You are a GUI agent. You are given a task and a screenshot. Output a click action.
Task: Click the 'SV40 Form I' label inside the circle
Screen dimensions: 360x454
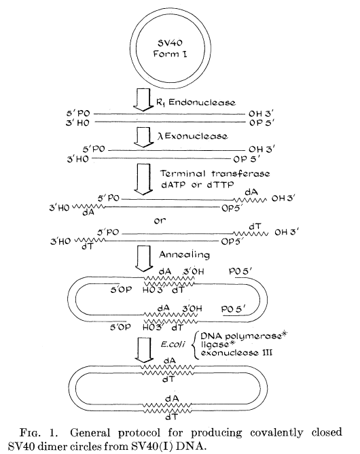(170, 48)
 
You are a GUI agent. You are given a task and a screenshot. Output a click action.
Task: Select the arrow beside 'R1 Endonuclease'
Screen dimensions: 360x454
(143, 100)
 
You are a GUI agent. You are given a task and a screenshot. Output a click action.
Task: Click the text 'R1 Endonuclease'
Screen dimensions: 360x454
(196, 102)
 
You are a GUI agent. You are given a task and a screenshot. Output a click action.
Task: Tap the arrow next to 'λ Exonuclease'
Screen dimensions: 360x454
(143, 137)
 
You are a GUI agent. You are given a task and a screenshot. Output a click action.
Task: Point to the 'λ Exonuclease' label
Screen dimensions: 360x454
(192, 136)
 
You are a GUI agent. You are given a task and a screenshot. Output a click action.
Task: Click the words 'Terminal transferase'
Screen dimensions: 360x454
(215, 173)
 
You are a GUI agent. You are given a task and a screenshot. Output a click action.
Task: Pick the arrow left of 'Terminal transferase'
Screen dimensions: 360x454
(143, 179)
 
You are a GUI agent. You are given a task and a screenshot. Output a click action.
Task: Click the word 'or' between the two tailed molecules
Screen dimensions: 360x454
(160, 221)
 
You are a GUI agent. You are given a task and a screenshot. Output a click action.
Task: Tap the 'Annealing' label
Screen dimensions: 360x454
(184, 255)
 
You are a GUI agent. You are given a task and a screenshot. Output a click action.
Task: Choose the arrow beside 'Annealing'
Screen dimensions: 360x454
(144, 258)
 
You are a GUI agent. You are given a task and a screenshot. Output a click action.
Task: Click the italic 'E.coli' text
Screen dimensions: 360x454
(173, 345)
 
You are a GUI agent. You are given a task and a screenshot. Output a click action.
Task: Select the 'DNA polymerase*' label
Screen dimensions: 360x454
(245, 336)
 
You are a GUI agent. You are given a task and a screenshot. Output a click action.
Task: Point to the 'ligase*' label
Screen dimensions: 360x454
(217, 345)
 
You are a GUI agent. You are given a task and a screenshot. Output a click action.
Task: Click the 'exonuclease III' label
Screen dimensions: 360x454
(236, 353)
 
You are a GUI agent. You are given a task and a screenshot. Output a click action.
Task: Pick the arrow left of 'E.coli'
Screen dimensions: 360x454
(144, 349)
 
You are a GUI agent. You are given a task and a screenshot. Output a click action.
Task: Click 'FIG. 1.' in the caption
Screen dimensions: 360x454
(39, 433)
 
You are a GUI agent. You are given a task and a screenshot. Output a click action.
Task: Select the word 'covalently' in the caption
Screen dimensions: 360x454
(276, 433)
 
